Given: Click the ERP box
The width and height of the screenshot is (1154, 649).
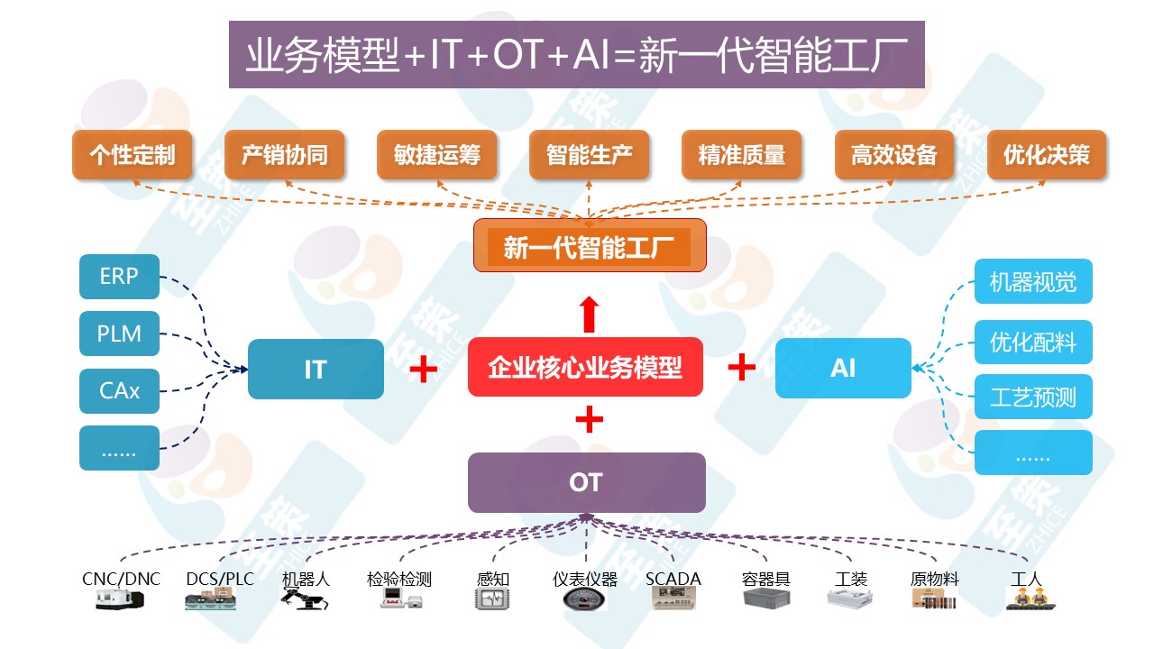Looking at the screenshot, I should tap(119, 277).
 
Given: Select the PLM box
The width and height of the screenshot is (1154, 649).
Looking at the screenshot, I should tap(119, 334).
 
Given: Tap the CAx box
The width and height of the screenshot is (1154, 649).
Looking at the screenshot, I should tap(119, 391).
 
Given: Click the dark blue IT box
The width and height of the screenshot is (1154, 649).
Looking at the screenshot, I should tap(316, 369).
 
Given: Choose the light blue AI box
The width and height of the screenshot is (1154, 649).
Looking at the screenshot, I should tap(843, 368).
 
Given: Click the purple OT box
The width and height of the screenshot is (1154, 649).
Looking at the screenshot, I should tap(586, 482).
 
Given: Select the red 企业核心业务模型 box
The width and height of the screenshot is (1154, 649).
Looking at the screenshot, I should tap(585, 368).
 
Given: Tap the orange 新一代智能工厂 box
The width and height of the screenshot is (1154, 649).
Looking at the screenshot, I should tap(589, 246).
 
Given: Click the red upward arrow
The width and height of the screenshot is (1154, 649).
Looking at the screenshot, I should tap(589, 313).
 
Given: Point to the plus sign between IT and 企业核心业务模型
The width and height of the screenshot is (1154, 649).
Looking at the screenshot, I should tap(424, 369).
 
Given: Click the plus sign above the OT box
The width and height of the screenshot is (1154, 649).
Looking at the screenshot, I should tap(589, 419).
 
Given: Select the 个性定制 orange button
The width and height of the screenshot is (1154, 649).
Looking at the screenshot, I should tap(132, 155).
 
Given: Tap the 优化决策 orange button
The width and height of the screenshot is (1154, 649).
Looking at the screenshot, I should tap(1046, 155).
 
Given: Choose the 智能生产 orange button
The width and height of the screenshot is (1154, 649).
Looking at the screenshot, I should tap(589, 155).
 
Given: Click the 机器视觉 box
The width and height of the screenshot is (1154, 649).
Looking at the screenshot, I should tap(1033, 281).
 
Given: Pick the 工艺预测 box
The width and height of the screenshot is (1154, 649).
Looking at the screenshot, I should tap(1033, 397).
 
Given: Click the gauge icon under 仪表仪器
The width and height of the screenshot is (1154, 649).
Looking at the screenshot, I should tap(584, 599).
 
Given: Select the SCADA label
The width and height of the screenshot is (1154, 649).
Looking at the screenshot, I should tap(673, 579).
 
